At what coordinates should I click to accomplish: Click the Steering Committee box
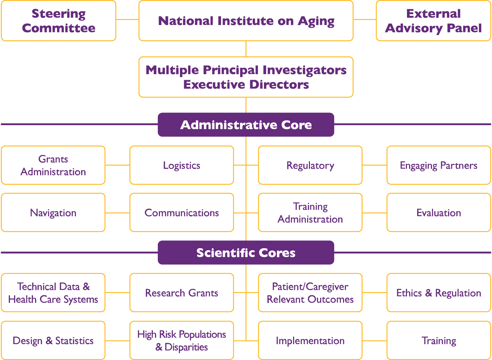[x=59, y=21]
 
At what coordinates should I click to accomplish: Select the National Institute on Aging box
[x=246, y=21]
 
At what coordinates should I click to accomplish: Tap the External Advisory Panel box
[x=433, y=21]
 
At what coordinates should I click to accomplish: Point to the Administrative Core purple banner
[x=246, y=125]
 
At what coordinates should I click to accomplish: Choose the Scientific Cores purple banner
[x=246, y=253]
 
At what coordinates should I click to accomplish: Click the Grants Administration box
[x=53, y=165]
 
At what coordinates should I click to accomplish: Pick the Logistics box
[x=182, y=165]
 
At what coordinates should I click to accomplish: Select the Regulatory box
[x=310, y=165]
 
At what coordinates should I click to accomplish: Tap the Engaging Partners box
[x=439, y=165]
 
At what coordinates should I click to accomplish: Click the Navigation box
[x=53, y=213]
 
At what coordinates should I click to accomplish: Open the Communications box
[x=182, y=213]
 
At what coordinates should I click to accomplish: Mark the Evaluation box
[x=439, y=213]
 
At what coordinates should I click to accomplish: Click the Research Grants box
[x=182, y=293]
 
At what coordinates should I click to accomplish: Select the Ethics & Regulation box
[x=439, y=293]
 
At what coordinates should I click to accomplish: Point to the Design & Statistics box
[x=53, y=341]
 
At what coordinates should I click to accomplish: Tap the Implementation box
[x=310, y=341]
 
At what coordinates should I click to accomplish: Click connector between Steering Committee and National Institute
[x=127, y=19]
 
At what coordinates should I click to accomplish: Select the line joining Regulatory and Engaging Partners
[x=374, y=165]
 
